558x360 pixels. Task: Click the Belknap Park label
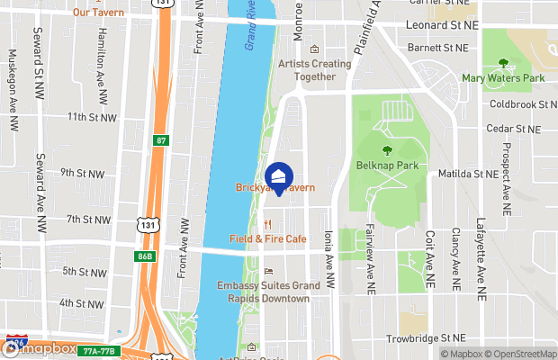(x=387, y=166)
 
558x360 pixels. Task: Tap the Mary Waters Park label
(x=504, y=79)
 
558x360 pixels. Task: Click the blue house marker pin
(x=280, y=178)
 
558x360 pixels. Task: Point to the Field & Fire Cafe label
(x=268, y=239)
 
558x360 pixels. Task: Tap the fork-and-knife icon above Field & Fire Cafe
(x=268, y=224)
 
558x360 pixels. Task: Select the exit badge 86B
(x=146, y=256)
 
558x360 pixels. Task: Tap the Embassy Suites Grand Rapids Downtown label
(x=268, y=292)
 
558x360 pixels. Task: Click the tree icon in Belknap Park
(x=387, y=151)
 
